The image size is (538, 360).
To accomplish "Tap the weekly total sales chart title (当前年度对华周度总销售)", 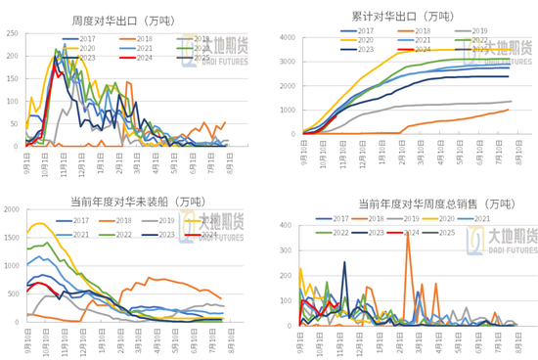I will click(x=399, y=202).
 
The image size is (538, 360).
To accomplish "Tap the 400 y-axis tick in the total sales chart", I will click(x=290, y=224).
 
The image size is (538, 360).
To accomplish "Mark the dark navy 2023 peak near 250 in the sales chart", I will click(x=343, y=262).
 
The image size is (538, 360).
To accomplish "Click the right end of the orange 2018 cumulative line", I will click(x=509, y=110).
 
